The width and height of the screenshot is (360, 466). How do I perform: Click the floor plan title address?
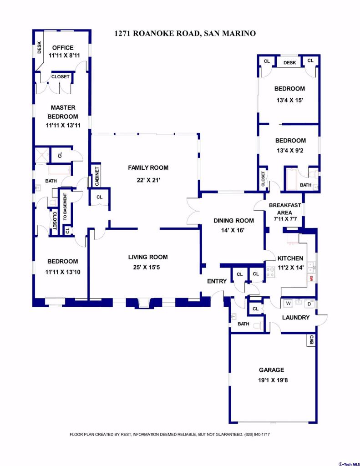[x=185, y=33]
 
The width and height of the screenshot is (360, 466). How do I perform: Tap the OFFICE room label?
[x=63, y=47]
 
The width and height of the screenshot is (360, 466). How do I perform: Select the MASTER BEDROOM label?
[x=63, y=112]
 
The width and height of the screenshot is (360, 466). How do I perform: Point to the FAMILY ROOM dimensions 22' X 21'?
[x=148, y=180]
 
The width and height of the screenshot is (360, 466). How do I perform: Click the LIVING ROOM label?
[x=148, y=257]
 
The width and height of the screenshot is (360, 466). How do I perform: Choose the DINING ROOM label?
[x=233, y=221]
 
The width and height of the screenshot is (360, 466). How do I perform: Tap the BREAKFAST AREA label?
[x=285, y=209]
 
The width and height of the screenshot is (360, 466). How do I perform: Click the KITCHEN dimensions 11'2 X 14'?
[x=290, y=268]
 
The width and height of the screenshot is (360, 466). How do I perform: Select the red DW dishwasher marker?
[x=311, y=279]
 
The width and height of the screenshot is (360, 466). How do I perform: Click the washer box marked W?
[x=288, y=304]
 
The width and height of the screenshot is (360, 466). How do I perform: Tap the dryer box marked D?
[x=309, y=304]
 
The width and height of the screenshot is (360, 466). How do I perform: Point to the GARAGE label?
[x=271, y=370]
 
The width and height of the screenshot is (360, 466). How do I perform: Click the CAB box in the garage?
[x=311, y=340]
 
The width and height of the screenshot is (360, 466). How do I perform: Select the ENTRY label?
[x=217, y=281]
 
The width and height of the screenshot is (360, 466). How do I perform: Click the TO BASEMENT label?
[x=65, y=207]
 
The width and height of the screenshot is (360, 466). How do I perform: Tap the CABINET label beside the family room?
[x=96, y=176]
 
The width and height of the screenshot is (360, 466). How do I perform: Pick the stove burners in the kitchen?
[x=270, y=272]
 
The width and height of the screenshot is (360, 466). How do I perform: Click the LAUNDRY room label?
[x=296, y=317]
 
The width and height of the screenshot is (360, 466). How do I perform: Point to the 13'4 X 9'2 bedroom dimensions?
[x=290, y=150]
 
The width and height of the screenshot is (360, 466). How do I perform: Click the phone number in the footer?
[x=257, y=435]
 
